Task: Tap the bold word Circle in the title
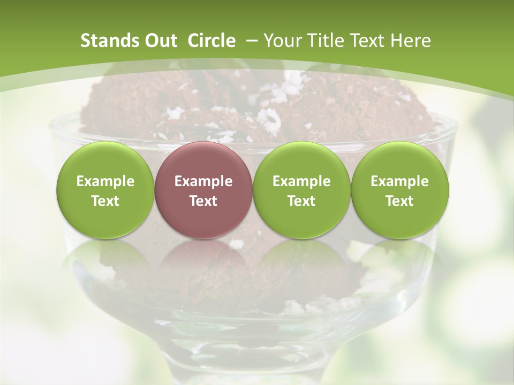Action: click(x=211, y=41)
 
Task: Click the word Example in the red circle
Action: click(x=203, y=181)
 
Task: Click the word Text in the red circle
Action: click(x=203, y=201)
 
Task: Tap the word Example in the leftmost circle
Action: click(x=105, y=181)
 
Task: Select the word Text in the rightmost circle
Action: click(x=400, y=201)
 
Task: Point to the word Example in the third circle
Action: click(x=301, y=181)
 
